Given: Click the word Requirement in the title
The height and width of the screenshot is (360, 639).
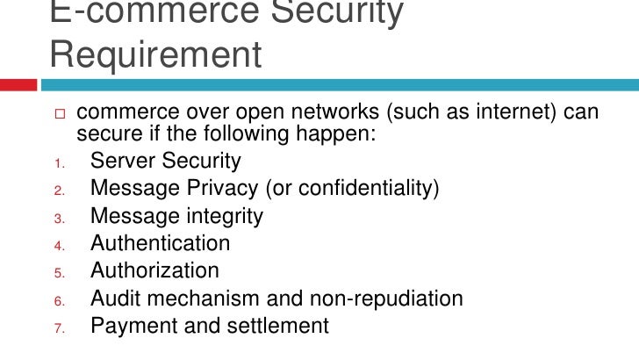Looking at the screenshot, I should pos(156,54).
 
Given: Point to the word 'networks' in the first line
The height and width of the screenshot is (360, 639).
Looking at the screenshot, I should pos(337,113).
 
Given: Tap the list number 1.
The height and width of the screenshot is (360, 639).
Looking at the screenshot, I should pos(54,162).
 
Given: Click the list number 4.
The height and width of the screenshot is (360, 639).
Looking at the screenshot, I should pos(54,245).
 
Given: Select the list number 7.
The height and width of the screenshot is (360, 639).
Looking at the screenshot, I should pos(54,328).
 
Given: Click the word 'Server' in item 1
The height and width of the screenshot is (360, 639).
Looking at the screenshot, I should pos(121,162).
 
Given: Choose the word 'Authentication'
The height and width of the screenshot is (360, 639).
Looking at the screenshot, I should pos(160,243).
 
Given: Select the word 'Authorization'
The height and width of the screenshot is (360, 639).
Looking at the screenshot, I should pos(154,270).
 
